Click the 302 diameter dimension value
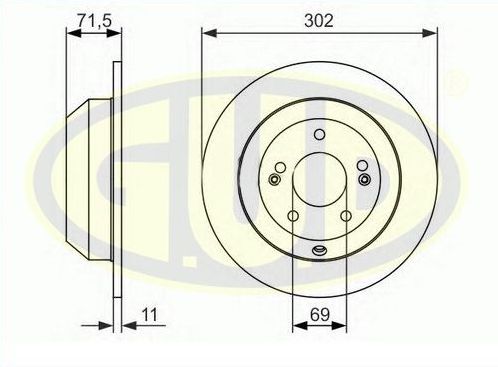(320, 17)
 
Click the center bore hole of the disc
(319, 180)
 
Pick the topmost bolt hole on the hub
(319, 134)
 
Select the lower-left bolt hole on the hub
(293, 216)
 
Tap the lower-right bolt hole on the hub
(346, 216)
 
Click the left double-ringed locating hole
(275, 180)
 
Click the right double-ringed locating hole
(363, 180)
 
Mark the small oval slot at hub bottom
(319, 251)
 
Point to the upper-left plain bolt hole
(281, 166)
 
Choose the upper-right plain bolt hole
(358, 166)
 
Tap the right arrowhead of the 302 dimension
(432, 33)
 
